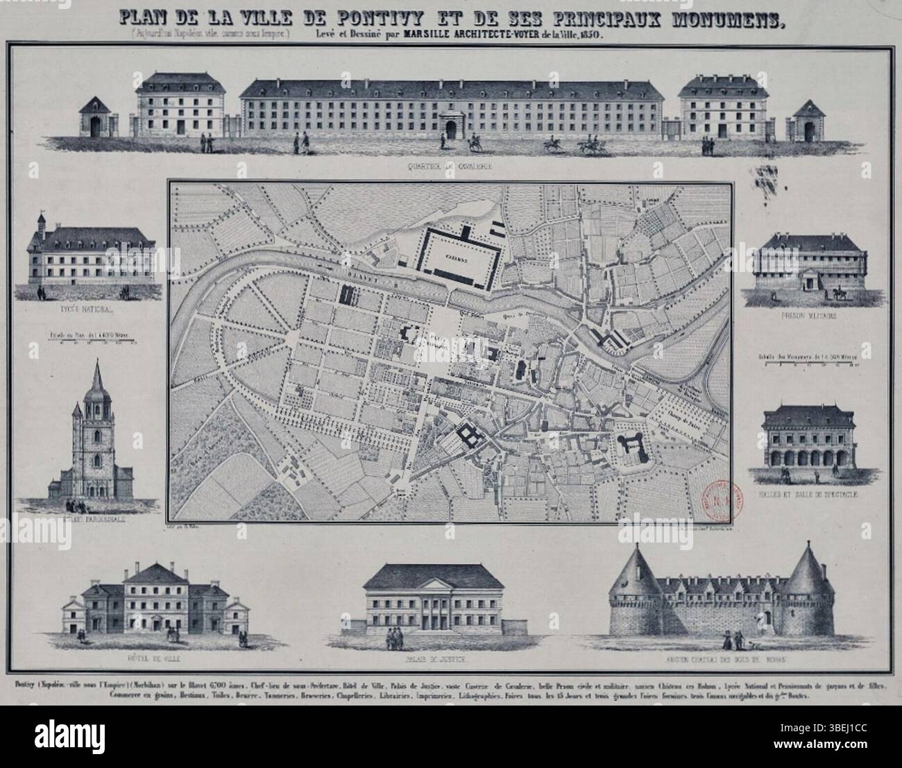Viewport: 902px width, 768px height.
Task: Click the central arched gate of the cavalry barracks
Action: (452, 129)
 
